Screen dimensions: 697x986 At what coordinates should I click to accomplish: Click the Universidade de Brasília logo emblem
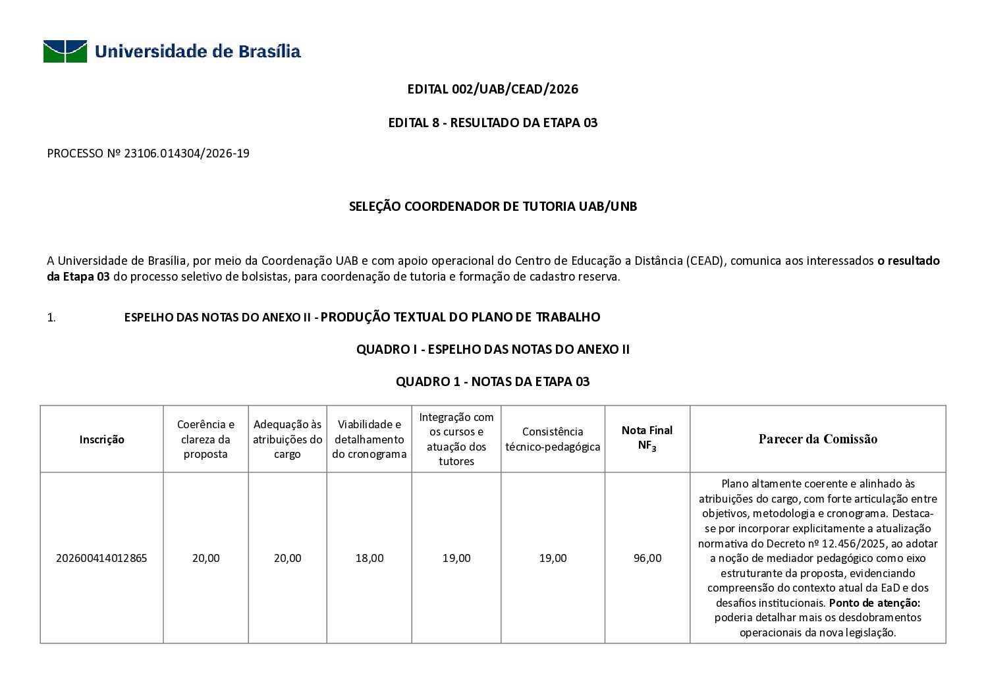click(x=65, y=51)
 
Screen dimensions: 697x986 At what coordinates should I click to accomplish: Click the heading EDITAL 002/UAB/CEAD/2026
click(x=493, y=90)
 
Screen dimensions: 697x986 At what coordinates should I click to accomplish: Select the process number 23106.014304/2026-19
click(x=186, y=154)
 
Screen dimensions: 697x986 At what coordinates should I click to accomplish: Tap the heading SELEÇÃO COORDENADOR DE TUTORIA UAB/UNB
click(x=493, y=207)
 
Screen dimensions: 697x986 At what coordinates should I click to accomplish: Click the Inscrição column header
click(x=101, y=440)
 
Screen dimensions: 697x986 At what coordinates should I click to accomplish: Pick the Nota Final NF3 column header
click(x=647, y=438)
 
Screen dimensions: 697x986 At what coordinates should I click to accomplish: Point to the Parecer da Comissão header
click(x=817, y=439)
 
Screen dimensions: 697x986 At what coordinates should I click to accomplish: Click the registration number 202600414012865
click(x=101, y=559)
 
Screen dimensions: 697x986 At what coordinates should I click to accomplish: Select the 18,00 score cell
click(x=369, y=559)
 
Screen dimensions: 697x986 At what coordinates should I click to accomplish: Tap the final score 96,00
click(x=647, y=559)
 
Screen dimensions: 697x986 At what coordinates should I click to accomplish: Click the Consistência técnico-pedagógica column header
click(x=553, y=439)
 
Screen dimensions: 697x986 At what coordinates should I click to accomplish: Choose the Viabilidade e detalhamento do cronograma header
click(x=369, y=439)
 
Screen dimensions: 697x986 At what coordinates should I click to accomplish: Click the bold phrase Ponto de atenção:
click(x=874, y=603)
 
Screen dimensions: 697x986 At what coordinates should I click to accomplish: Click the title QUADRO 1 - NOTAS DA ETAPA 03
click(x=493, y=382)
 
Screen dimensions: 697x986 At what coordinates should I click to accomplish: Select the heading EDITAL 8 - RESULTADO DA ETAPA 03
click(x=493, y=123)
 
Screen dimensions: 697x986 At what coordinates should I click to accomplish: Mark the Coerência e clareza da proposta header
click(x=205, y=439)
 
